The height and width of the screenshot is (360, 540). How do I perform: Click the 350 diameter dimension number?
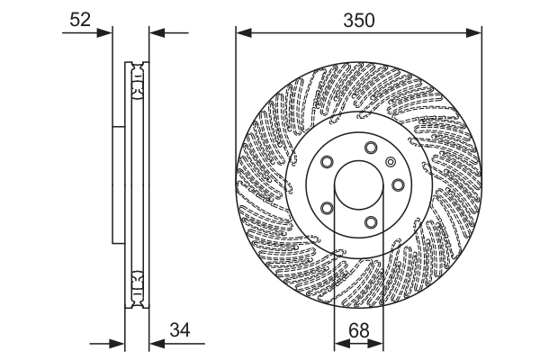click(x=359, y=19)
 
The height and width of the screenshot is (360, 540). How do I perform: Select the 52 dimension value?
click(x=80, y=19)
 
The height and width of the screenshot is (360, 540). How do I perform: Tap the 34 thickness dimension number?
click(x=181, y=330)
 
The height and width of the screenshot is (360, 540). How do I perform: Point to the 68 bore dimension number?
click(x=359, y=330)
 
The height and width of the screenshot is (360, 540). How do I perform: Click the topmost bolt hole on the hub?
click(x=371, y=149)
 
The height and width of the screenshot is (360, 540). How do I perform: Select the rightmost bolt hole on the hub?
click(x=396, y=185)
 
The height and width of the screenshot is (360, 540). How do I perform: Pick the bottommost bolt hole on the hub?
click(x=371, y=222)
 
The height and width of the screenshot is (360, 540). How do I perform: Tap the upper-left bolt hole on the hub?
click(x=327, y=164)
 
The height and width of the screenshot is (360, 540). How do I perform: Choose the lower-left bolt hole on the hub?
click(x=327, y=209)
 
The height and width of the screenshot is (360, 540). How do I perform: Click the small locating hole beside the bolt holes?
click(x=390, y=162)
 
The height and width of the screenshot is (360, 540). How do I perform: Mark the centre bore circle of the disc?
click(x=359, y=186)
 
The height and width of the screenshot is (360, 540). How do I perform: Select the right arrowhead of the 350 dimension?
click(x=477, y=33)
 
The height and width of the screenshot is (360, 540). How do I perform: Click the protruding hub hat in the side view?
click(x=117, y=185)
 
